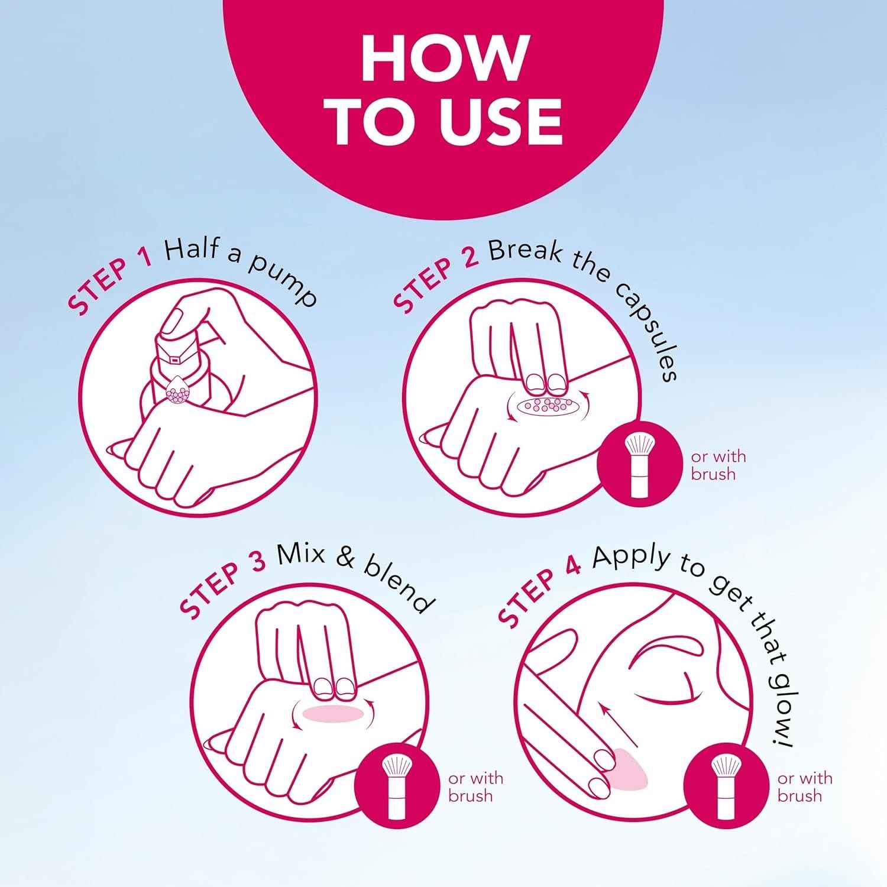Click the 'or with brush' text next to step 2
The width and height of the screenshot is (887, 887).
718,465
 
